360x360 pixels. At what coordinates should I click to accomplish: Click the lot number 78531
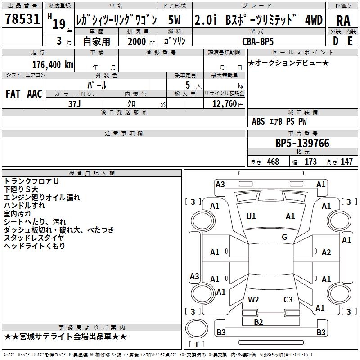coord(22,19)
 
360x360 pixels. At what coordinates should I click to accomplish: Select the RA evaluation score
coord(343,21)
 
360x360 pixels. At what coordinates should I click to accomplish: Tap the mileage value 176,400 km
coord(53,65)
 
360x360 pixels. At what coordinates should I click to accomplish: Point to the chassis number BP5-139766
coord(302,143)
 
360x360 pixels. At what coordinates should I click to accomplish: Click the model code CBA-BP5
coord(258,41)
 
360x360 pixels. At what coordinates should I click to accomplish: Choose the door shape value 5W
coord(174,20)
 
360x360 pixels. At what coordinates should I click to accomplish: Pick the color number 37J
coord(74,104)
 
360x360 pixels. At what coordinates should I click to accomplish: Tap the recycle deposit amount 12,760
coord(224,104)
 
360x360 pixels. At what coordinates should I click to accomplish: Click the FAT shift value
coord(13,94)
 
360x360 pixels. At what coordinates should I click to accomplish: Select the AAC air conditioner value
coord(35,94)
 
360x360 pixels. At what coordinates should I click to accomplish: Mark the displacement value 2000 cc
coord(141,41)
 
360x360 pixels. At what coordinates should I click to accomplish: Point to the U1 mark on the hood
coord(251,216)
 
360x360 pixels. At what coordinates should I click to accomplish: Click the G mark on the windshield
coord(284,237)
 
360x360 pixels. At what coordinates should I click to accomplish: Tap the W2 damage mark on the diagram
coord(253,300)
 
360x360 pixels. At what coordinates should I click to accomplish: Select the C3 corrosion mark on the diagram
coord(288,300)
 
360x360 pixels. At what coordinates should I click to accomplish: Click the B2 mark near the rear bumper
coord(258,322)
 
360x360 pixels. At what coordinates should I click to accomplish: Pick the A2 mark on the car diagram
coord(326,252)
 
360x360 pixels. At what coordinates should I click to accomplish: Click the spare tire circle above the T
coord(197,328)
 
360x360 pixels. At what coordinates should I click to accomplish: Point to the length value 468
coord(273,162)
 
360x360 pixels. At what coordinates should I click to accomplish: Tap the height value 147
coord(346,162)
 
